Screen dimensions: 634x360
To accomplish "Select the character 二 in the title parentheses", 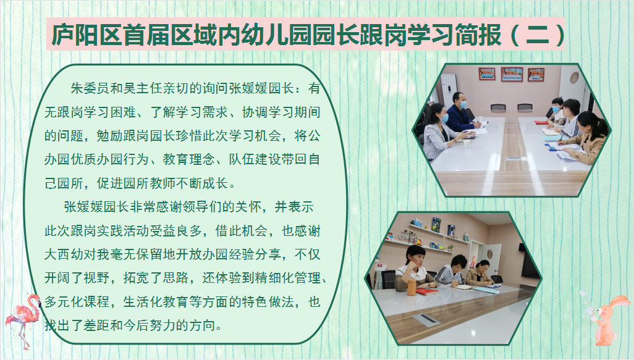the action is coord(538,35).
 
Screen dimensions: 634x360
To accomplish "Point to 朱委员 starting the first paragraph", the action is coord(90,88).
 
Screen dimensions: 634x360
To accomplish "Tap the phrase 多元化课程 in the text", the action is coord(77,302).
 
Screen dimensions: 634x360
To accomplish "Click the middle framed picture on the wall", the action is coord(512,74).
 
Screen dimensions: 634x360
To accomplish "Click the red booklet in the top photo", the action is coord(541,122).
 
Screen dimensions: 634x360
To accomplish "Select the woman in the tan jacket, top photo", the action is coord(588,136).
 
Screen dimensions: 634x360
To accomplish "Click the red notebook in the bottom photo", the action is coord(427,291).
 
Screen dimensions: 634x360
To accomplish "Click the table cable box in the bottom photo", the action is coord(426,319).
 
